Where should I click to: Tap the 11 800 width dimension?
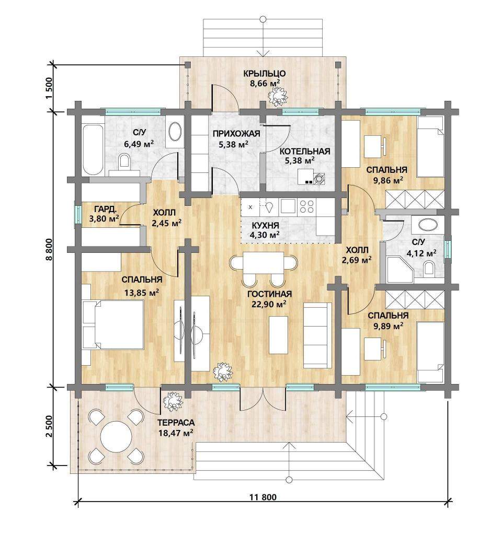pos(263,497)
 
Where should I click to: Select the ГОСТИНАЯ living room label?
pos(269,294)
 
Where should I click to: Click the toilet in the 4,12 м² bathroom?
pos(429,268)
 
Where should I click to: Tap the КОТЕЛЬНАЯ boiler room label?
pos(305,152)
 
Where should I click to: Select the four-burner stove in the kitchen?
pos(306,206)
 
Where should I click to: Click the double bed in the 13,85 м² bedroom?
pos(113,324)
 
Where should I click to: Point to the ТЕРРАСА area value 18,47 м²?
pos(176,433)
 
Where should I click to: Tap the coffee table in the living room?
pos(278,335)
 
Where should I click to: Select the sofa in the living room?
pos(317,335)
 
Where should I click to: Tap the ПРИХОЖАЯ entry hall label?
pos(236,134)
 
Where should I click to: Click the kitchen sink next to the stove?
pos(288,206)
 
